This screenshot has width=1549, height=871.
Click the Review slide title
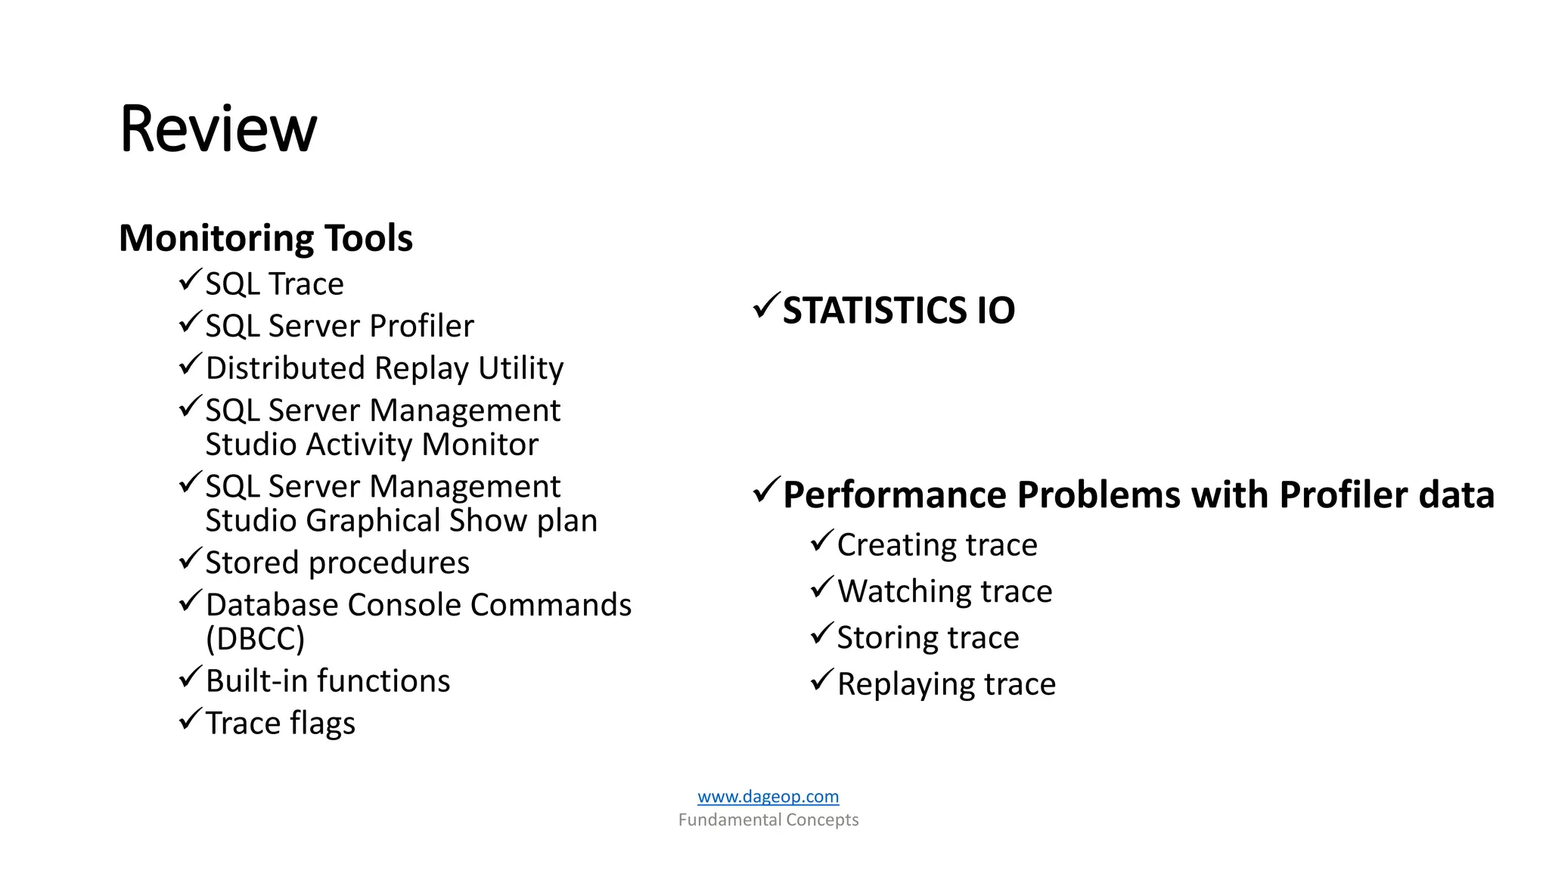coord(218,129)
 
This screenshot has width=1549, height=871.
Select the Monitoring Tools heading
coord(265,238)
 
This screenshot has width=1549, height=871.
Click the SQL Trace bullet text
coord(274,284)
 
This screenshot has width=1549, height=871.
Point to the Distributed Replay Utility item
coord(384,368)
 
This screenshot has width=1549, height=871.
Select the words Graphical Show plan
coord(452,521)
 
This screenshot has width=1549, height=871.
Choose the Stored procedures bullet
coord(337,563)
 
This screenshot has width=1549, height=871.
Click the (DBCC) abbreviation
coord(255,639)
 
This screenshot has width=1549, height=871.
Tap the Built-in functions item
coord(327,681)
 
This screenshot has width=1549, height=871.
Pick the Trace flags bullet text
coord(280,724)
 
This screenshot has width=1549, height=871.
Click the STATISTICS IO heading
coord(899,311)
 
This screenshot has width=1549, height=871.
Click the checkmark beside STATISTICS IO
coord(765,306)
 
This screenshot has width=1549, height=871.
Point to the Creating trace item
coord(937,545)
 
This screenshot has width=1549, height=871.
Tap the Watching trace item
coord(945,591)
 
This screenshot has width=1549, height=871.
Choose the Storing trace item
coord(928,637)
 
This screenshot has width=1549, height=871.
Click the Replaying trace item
coord(946,684)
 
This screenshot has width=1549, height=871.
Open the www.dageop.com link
coord(768,796)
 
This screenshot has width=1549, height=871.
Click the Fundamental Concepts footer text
coord(768,820)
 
